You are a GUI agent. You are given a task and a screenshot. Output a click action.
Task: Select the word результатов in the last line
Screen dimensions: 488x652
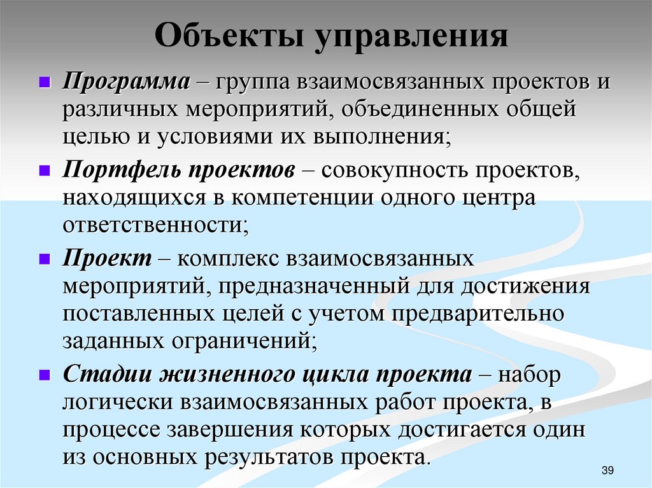[x=255, y=457]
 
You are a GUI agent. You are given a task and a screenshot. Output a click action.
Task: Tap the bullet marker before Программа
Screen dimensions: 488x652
[x=44, y=83]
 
